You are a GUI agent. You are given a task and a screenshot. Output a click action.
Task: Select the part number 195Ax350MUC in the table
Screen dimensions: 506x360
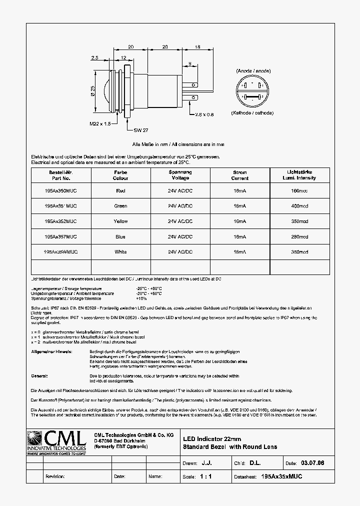(61, 190)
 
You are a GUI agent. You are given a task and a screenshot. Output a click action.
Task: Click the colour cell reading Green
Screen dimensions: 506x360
(120, 205)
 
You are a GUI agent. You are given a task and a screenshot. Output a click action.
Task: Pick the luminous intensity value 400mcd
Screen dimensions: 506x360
(299, 205)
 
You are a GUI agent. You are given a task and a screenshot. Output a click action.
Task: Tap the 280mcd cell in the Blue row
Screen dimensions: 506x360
(299, 236)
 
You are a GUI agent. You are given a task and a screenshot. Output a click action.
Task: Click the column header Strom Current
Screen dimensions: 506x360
(240, 175)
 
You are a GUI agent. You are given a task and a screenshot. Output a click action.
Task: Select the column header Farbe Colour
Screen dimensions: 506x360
(120, 175)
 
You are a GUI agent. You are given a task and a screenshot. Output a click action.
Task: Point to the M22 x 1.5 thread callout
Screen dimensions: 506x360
(100, 123)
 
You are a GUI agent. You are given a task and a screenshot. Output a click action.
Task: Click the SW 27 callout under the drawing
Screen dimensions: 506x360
(140, 129)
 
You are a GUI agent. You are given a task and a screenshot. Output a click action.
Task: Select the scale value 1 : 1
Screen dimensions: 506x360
(206, 476)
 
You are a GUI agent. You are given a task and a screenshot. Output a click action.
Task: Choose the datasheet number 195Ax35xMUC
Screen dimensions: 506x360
(281, 476)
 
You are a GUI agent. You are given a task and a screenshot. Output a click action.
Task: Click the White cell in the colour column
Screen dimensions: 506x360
(120, 252)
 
